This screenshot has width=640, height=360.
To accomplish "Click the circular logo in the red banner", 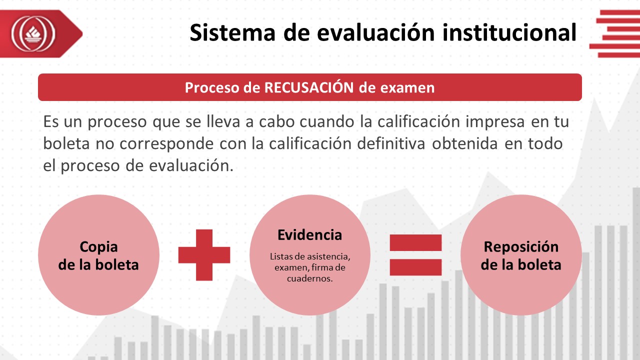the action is [33, 33].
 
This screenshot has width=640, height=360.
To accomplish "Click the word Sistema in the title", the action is [232, 32].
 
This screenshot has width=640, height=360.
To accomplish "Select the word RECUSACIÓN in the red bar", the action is [309, 87].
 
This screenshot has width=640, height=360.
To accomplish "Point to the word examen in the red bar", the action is [407, 87].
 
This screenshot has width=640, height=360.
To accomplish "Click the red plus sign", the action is [204, 255].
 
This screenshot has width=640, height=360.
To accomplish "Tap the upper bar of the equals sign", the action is [415, 243].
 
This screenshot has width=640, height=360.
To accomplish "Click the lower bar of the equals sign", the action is [415, 267].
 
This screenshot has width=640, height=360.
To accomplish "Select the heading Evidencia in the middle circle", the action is [309, 235].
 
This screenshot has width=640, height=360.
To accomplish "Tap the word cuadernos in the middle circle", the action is [309, 278].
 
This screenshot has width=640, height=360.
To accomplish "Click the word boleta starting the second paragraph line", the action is [66, 143].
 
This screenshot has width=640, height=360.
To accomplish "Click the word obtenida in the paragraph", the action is [465, 143].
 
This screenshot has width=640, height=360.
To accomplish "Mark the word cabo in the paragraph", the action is [277, 121].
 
